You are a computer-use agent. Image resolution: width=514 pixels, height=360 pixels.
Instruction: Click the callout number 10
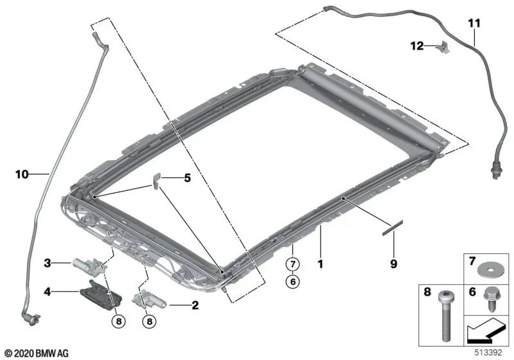[x=22, y=174]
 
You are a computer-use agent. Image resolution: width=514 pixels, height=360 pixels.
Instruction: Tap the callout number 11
[x=474, y=23]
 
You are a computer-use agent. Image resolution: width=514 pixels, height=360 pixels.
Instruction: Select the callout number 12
[x=417, y=46]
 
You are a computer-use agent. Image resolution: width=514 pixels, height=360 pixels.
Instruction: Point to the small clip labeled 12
[x=443, y=47]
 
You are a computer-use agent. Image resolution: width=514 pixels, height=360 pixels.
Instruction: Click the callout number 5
[x=187, y=178]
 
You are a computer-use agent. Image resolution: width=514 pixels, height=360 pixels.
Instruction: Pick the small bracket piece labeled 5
[x=155, y=181]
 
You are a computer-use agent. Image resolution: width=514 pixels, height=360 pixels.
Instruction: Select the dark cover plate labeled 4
[x=101, y=292]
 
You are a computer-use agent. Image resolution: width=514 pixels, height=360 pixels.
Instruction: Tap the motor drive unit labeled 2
[x=150, y=300]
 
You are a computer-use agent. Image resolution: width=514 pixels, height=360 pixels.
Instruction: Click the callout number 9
[x=393, y=264]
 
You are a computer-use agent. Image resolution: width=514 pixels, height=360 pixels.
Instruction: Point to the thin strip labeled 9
[x=392, y=228]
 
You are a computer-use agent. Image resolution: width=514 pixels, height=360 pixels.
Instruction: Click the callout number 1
[x=320, y=264]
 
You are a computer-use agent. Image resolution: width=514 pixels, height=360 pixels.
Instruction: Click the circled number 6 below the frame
[x=292, y=282]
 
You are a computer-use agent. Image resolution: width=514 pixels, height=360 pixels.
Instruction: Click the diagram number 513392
[x=488, y=353]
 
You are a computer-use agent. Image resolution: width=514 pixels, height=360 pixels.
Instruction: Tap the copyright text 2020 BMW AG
[x=37, y=354]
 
